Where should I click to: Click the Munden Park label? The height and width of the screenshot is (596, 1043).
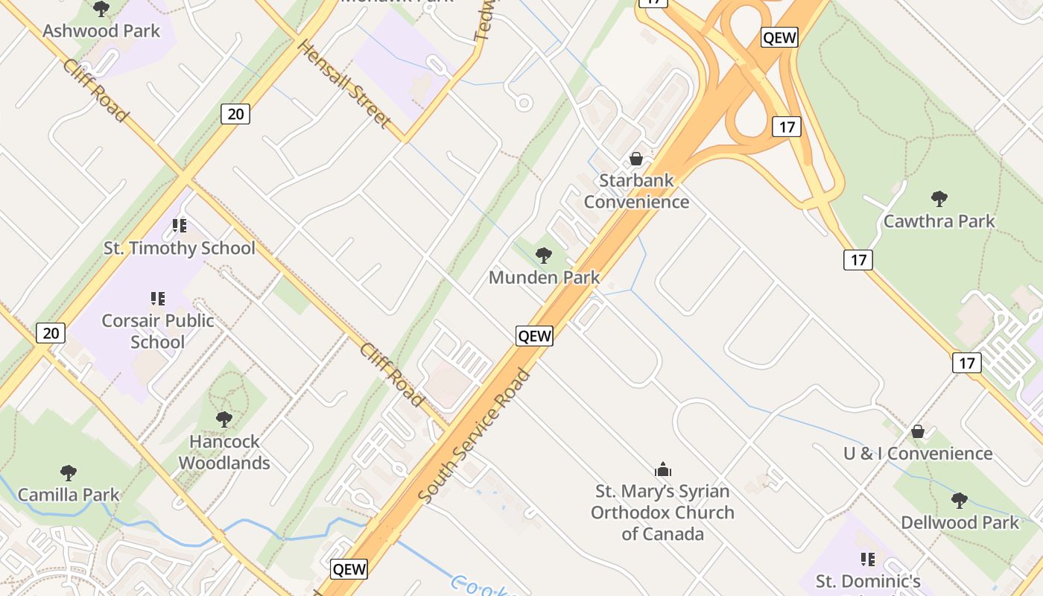[x=544, y=278]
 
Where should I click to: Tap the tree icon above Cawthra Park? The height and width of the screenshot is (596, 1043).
[x=939, y=199]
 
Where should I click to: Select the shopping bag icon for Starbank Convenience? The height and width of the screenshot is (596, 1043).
[x=636, y=159]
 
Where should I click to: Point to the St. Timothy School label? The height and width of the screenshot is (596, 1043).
[x=180, y=248]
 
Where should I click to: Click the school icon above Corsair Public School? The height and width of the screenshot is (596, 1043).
[x=157, y=299]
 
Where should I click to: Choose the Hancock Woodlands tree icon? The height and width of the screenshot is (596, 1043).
[x=223, y=419]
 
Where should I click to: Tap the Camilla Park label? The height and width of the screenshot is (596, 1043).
[x=69, y=495]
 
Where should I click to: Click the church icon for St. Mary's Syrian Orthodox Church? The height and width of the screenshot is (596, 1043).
[x=662, y=469]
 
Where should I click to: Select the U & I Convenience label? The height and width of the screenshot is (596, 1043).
[x=918, y=454]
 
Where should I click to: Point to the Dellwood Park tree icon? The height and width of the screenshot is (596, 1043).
[x=959, y=501]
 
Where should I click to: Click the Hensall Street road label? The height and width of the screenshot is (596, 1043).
[x=343, y=83]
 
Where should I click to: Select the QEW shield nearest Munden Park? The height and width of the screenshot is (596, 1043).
[x=534, y=336]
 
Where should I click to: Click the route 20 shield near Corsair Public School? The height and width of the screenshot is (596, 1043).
[x=51, y=332]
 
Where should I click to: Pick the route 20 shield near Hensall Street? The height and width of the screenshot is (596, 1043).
[x=235, y=114]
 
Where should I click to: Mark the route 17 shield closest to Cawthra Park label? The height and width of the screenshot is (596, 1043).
[x=858, y=259]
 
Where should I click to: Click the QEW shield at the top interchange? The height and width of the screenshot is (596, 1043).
[x=779, y=37]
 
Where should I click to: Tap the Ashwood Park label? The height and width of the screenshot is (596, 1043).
[x=101, y=31]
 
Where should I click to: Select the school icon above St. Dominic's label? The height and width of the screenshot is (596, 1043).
[x=867, y=559]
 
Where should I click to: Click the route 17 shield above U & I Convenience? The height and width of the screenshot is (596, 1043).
[x=966, y=363]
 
